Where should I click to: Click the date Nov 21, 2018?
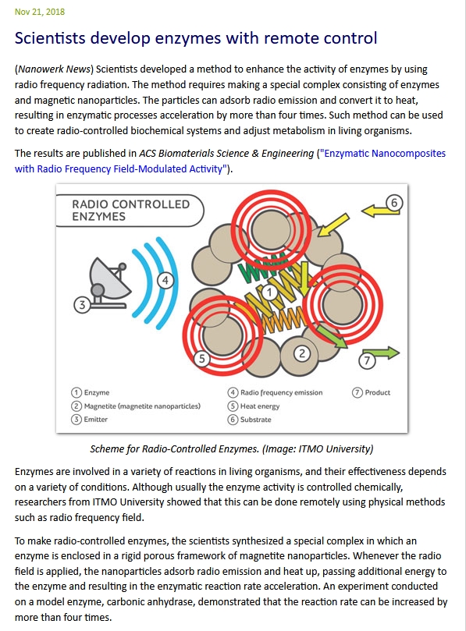point(40,12)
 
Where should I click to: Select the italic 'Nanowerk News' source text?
point(49,69)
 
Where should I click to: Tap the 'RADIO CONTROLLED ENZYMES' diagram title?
point(130,210)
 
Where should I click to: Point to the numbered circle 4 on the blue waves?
point(165,279)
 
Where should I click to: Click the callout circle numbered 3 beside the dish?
point(80,305)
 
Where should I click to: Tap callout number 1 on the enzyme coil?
point(268,292)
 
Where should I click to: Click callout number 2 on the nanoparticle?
point(302,353)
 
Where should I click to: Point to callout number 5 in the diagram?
point(201,359)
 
